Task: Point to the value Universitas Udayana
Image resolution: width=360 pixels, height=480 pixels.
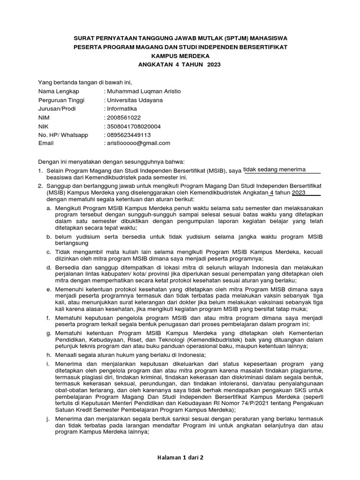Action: pos(135,100)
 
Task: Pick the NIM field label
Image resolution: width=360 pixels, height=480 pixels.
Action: pos(44,118)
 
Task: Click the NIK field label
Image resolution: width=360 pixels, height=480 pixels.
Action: pos(43,127)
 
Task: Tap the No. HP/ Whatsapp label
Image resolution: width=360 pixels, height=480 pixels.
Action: pos(63,135)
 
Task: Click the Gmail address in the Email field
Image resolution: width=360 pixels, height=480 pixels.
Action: pos(139,143)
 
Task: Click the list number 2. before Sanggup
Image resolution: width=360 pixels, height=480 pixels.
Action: pos(41,186)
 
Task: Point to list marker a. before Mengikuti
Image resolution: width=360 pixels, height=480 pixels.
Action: pos(49,207)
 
